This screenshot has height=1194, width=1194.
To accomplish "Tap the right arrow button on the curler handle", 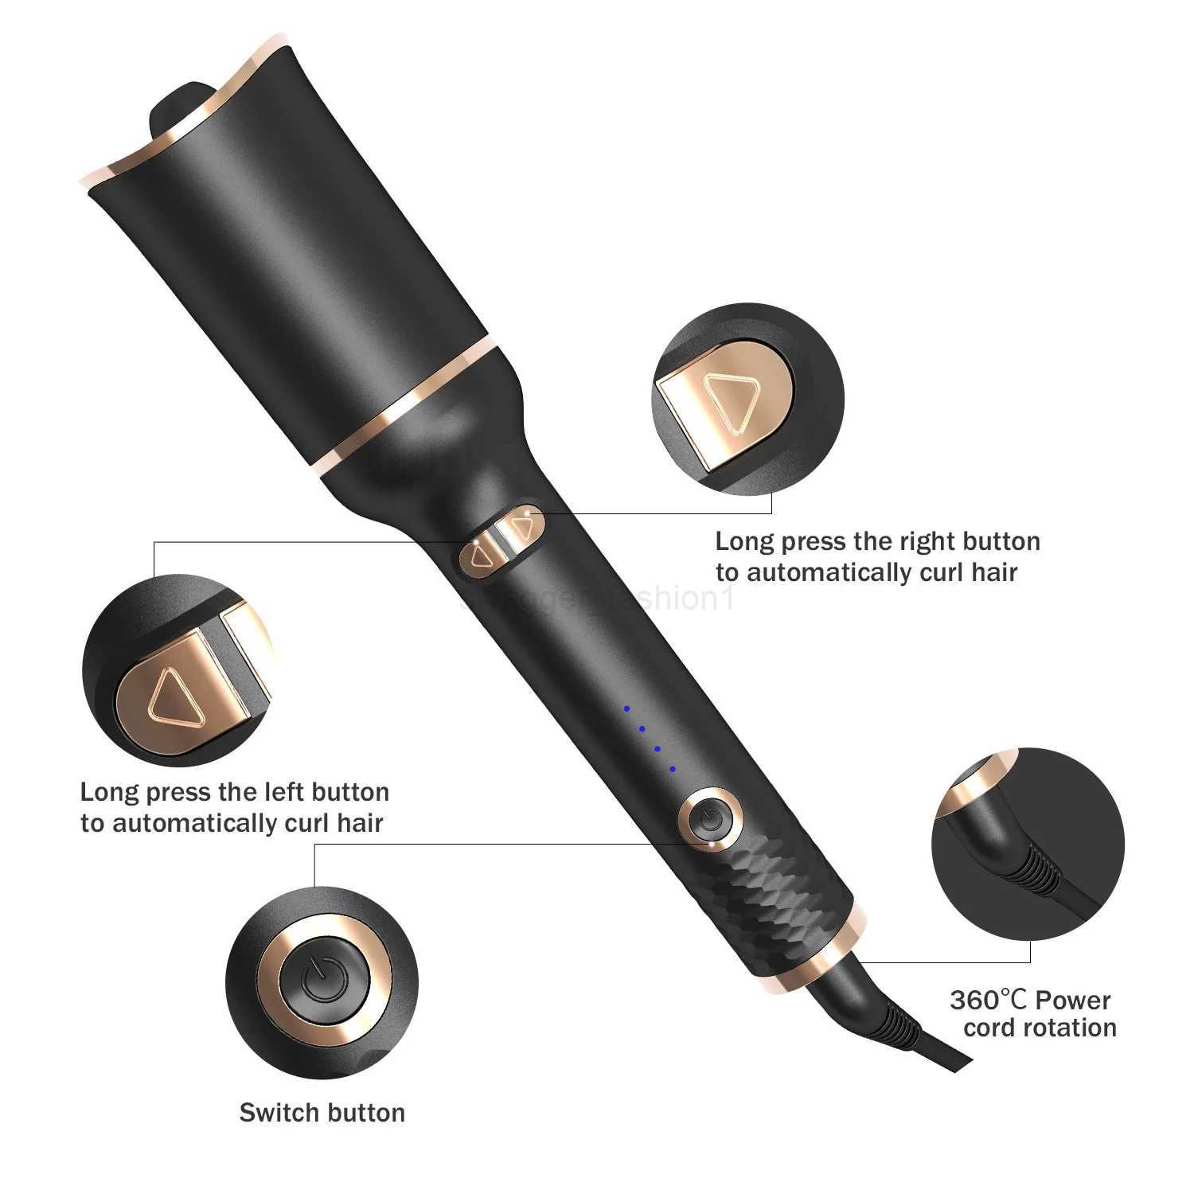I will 522,527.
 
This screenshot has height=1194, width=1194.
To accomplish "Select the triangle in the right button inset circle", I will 735,402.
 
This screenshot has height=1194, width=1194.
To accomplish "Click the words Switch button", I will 322,1112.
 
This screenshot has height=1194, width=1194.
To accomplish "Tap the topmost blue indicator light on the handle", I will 626,708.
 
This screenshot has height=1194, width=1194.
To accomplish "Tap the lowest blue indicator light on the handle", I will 673,769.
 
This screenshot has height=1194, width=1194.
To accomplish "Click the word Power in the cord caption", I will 1073,1000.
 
